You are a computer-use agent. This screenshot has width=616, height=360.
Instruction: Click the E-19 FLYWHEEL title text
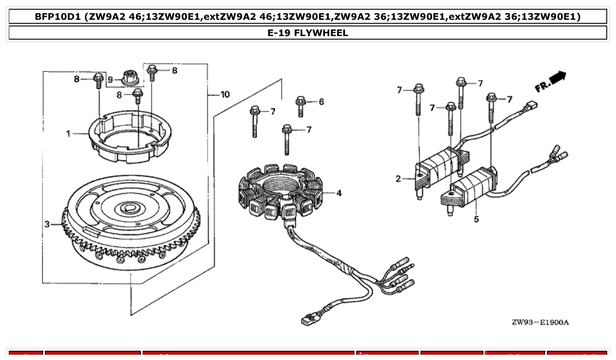[x=308, y=33]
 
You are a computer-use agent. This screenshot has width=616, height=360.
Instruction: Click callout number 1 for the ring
[x=68, y=133]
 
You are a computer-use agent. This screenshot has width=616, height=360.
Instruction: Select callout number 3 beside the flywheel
[x=47, y=224]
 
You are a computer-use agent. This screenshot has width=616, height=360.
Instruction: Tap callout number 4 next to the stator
[x=339, y=193]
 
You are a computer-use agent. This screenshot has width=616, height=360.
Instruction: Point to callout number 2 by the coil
[x=398, y=179]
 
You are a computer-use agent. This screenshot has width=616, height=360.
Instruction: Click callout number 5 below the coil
[x=476, y=219]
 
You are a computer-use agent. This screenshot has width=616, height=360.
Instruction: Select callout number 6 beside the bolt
[x=321, y=102]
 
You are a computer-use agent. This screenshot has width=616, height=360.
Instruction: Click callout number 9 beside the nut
[x=111, y=80]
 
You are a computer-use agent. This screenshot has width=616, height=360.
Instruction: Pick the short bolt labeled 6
[x=301, y=106]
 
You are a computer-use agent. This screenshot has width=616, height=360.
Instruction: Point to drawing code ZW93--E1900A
[x=540, y=323]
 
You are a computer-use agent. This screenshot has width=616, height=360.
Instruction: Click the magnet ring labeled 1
[x=131, y=136]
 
